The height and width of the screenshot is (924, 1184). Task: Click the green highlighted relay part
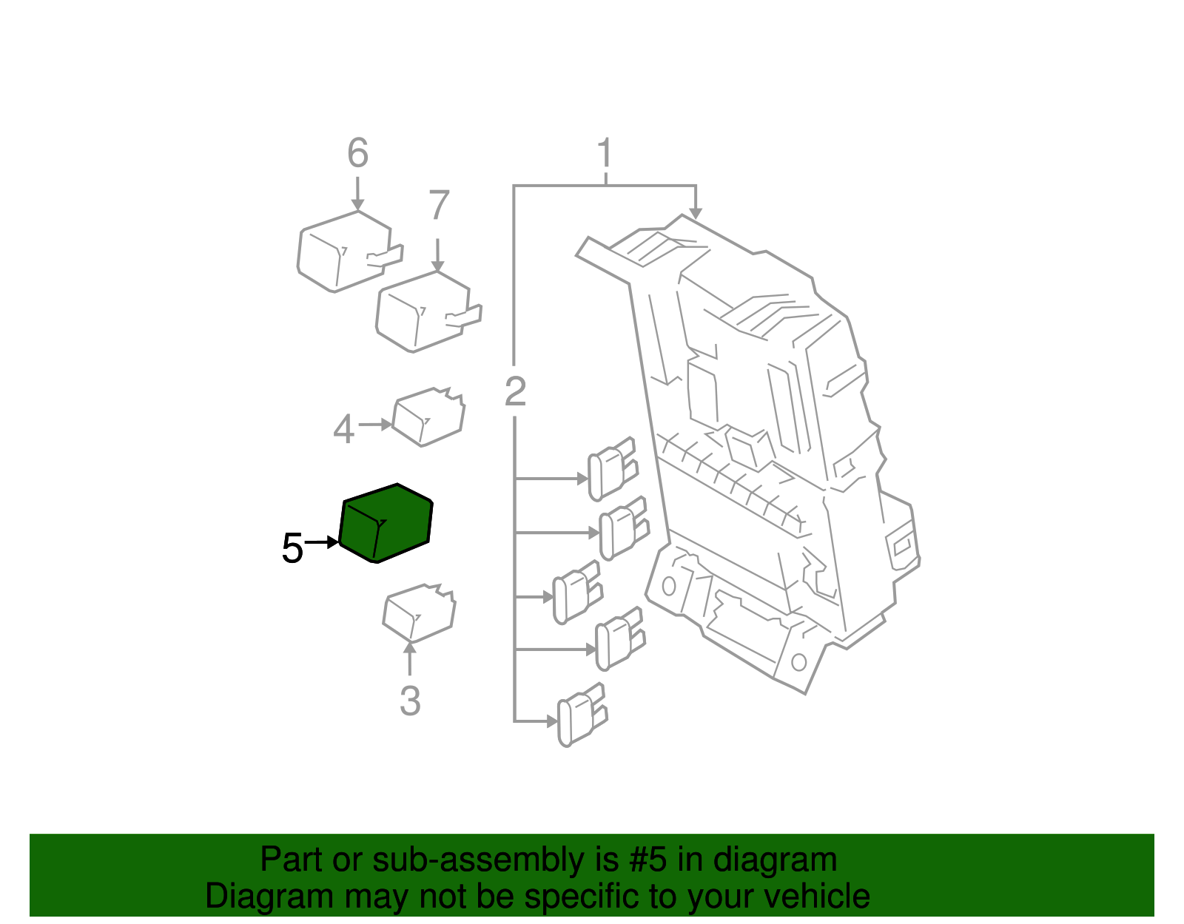tap(386, 523)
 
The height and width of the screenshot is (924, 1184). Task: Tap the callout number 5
tap(292, 549)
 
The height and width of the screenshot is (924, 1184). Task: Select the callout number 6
tap(357, 153)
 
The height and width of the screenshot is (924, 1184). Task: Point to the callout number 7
tap(439, 206)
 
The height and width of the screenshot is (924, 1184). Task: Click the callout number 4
tap(343, 429)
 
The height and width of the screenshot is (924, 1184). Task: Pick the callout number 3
tap(410, 701)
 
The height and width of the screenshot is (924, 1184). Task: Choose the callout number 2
tap(515, 391)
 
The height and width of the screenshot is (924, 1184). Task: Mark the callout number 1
tap(605, 153)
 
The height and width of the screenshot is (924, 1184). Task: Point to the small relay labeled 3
tap(419, 613)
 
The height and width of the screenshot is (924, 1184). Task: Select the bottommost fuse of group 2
tap(582, 715)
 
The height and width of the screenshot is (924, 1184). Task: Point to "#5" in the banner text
tap(648, 860)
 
